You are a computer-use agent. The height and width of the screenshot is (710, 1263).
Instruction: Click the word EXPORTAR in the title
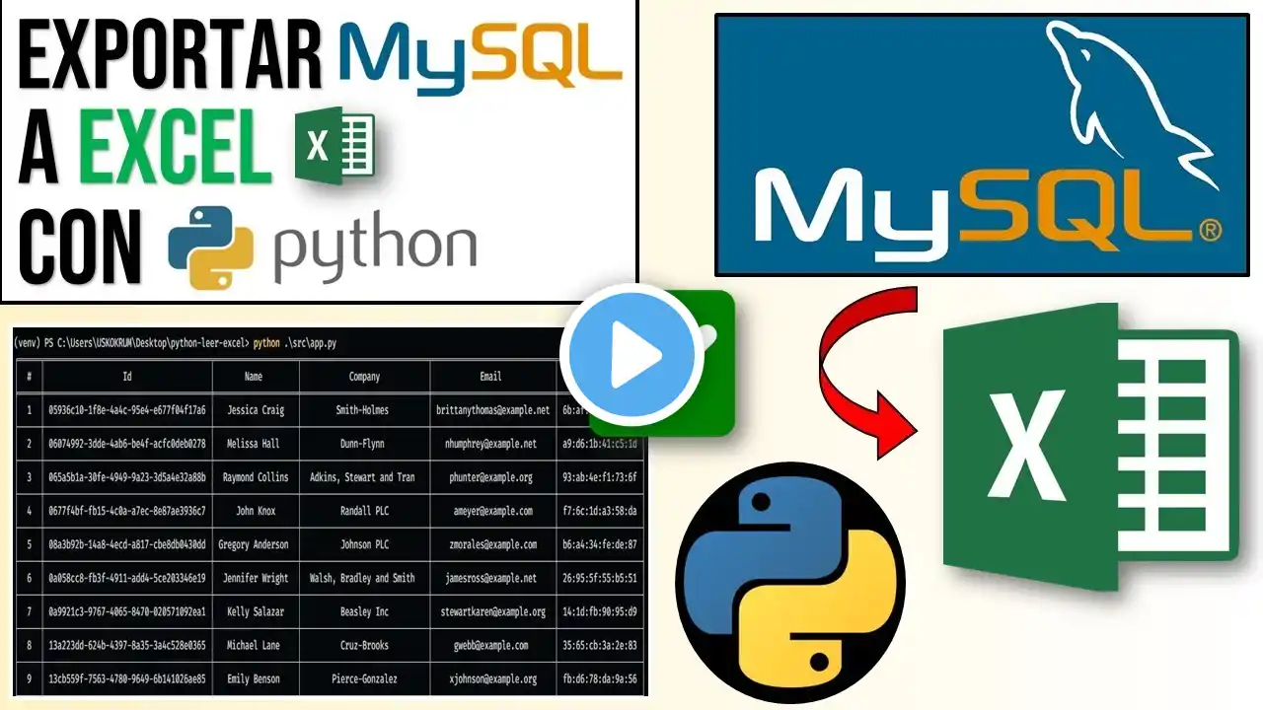point(171,56)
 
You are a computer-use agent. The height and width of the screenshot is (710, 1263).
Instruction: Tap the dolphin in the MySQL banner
point(1125,99)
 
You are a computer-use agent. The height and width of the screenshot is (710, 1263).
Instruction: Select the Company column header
point(364,377)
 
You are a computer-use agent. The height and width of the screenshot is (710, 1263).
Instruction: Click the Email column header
point(490,377)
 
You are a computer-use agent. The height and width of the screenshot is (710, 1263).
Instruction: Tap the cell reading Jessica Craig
point(256,410)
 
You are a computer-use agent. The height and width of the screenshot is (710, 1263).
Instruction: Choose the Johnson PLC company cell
point(364,544)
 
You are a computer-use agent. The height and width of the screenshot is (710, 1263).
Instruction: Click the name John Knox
point(256,511)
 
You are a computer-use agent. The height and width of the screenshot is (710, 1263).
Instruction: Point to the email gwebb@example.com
point(490,645)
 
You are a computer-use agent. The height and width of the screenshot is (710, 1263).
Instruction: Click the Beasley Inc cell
point(364,611)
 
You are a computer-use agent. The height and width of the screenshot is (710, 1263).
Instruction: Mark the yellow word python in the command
point(266,343)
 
